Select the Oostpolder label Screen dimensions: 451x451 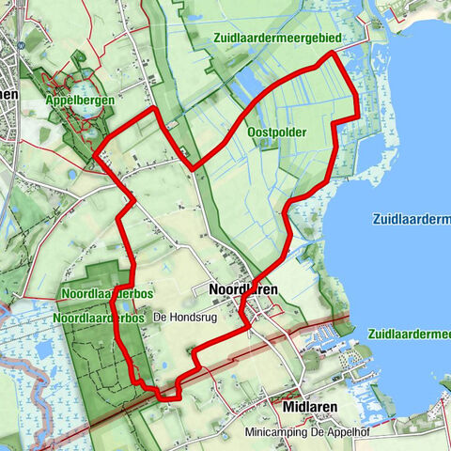pos(276,132)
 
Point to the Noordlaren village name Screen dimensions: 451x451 pos(242,290)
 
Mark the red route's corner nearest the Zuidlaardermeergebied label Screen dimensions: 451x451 pos(330,55)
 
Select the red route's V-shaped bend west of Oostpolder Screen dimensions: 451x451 pos(192,168)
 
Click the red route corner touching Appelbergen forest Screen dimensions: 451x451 pos(98,156)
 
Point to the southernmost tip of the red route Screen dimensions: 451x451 pos(169,398)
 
